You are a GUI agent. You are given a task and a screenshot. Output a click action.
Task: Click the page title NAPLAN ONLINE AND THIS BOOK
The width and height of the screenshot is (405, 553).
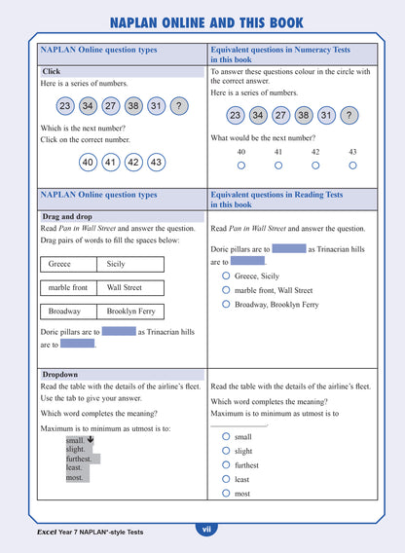click(205, 22)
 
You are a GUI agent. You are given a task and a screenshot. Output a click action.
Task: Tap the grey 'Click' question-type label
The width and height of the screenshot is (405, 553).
click(52, 71)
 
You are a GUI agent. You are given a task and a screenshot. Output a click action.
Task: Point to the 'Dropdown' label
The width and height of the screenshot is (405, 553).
click(59, 374)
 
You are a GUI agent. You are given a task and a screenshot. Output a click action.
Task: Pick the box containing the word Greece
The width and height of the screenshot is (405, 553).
click(69, 264)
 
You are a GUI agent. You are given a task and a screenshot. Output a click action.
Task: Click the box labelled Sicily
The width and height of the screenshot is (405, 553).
click(129, 264)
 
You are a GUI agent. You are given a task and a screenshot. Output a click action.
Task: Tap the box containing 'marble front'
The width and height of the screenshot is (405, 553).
click(68, 287)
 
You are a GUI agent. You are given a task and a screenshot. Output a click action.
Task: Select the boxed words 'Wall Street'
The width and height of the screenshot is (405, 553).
click(129, 287)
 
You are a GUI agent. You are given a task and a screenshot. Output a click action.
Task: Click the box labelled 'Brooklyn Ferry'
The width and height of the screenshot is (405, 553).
click(129, 312)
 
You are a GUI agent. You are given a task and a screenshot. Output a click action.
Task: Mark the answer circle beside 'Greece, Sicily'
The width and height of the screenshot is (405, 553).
click(226, 276)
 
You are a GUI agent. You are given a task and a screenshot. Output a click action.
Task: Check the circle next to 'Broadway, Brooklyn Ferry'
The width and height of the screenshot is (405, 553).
click(226, 305)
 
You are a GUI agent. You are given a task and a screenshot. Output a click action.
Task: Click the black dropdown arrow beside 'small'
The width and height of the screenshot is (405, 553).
click(90, 440)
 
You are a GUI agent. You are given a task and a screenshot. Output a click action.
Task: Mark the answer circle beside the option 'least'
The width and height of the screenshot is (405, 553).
click(226, 479)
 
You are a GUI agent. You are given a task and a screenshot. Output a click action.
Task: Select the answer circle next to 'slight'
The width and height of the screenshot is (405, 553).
click(226, 451)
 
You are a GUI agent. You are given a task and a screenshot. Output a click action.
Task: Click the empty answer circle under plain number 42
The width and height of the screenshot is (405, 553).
click(315, 166)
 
